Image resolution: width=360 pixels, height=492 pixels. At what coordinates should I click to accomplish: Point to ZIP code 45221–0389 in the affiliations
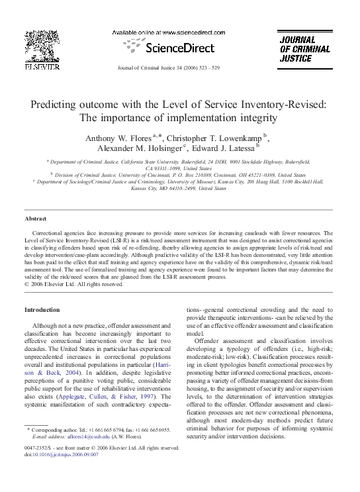248,174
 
